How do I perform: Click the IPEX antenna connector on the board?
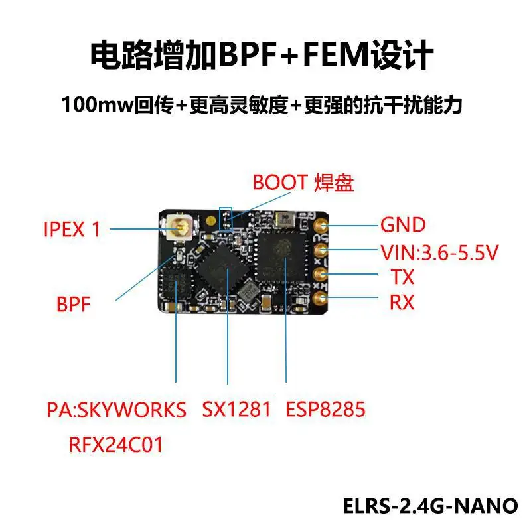pyautogui.click(x=179, y=229)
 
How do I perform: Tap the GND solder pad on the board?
pyautogui.click(x=321, y=226)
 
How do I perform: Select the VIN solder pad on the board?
pyautogui.click(x=321, y=250)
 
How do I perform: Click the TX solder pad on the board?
pyautogui.click(x=321, y=274)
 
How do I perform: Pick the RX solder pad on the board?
pyautogui.click(x=321, y=299)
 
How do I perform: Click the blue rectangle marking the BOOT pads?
pyautogui.click(x=226, y=219)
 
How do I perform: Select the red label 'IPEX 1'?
pyautogui.click(x=72, y=230)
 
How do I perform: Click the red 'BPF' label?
pyautogui.click(x=74, y=306)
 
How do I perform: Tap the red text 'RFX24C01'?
pyautogui.click(x=116, y=444)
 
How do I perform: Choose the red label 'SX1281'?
pyautogui.click(x=236, y=410)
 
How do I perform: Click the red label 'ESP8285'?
pyautogui.click(x=325, y=410)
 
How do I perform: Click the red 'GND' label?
pyautogui.click(x=403, y=225)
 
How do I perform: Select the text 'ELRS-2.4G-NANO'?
pyautogui.click(x=431, y=506)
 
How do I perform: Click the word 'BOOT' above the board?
pyautogui.click(x=280, y=182)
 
